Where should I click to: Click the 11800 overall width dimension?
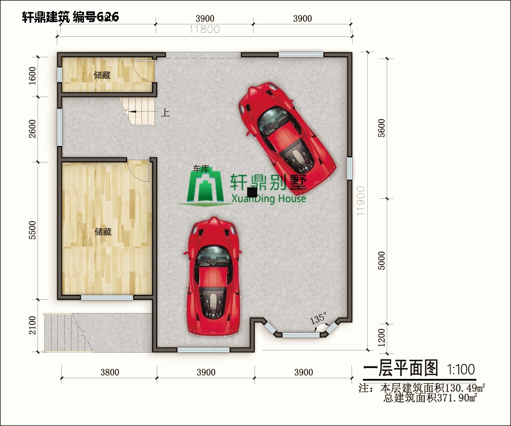click(204, 30)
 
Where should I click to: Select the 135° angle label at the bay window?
click(319, 319)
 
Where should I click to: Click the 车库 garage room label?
click(201, 169)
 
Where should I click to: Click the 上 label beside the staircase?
click(165, 112)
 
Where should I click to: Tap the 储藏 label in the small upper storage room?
click(102, 74)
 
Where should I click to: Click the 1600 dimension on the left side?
click(32, 75)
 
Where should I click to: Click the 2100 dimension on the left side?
click(32, 325)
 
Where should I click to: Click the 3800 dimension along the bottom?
click(110, 373)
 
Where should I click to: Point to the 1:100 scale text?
click(461, 370)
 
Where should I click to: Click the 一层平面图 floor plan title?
click(401, 369)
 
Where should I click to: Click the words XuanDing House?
click(269, 199)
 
